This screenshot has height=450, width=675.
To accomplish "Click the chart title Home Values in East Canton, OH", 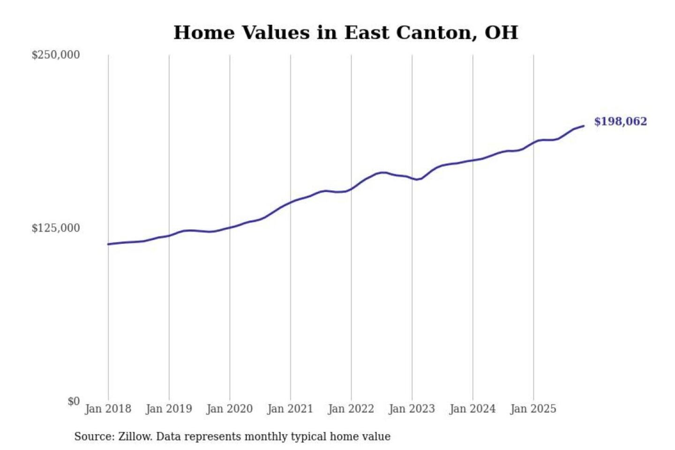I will pyautogui.click(x=345, y=33).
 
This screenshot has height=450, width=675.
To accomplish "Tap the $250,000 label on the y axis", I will pyautogui.click(x=55, y=55).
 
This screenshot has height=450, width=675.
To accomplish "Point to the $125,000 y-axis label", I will pyautogui.click(x=55, y=228).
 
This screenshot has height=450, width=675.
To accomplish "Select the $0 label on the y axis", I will pyautogui.click(x=74, y=401).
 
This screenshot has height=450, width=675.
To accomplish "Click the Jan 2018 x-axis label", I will pyautogui.click(x=108, y=409).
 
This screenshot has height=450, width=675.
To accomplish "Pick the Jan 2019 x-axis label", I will pyautogui.click(x=169, y=409).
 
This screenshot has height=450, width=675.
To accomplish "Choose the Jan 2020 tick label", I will pyautogui.click(x=229, y=409).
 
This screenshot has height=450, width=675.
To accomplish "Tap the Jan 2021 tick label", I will pyautogui.click(x=290, y=409).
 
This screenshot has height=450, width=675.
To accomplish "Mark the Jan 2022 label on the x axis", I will pyautogui.click(x=351, y=409).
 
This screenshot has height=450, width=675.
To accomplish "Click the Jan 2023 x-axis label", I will pyautogui.click(x=412, y=409).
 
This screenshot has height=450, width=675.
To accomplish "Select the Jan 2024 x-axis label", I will pyautogui.click(x=472, y=409).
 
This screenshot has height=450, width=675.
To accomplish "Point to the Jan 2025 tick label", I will pyautogui.click(x=533, y=409).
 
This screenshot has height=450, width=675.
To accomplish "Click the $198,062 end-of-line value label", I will pyautogui.click(x=620, y=121).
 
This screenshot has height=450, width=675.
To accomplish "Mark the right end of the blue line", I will pyautogui.click(x=584, y=126).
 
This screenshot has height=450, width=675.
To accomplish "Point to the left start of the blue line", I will pyautogui.click(x=108, y=244).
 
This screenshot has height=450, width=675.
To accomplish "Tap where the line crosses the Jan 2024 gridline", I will pyautogui.click(x=472, y=160).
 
